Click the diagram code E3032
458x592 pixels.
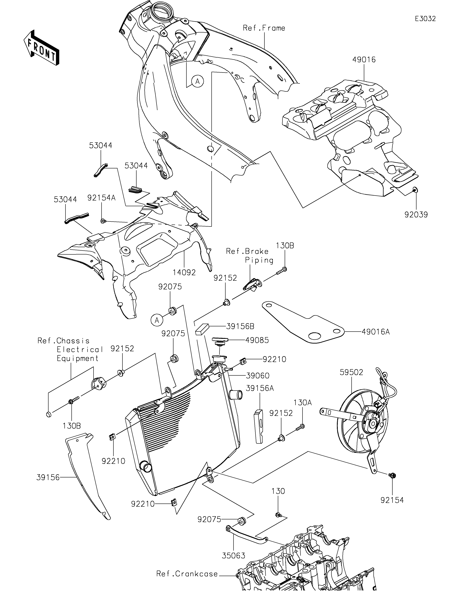(x=425, y=19)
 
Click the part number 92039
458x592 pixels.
(x=416, y=215)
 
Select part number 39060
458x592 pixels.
(x=258, y=376)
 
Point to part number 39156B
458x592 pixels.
(x=240, y=326)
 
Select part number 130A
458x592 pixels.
(x=303, y=410)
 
